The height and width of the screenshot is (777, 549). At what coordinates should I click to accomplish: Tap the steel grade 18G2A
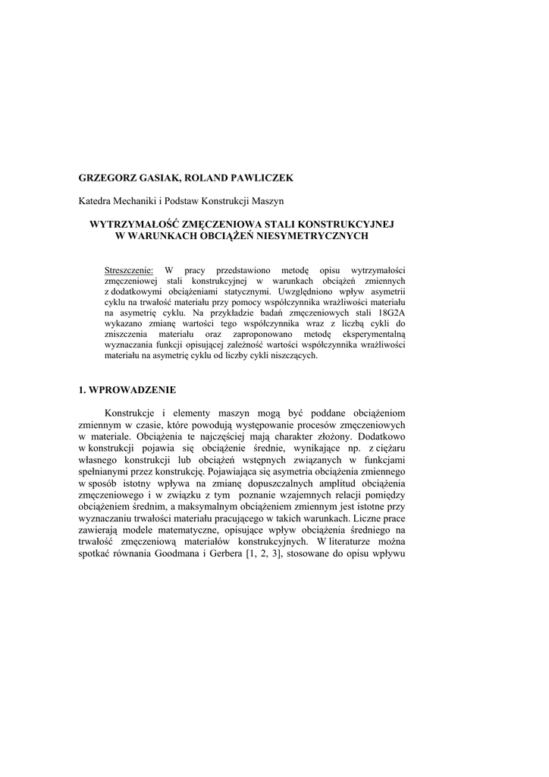click(x=389, y=312)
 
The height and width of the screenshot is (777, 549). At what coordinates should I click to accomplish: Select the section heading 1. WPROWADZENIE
click(x=127, y=389)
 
